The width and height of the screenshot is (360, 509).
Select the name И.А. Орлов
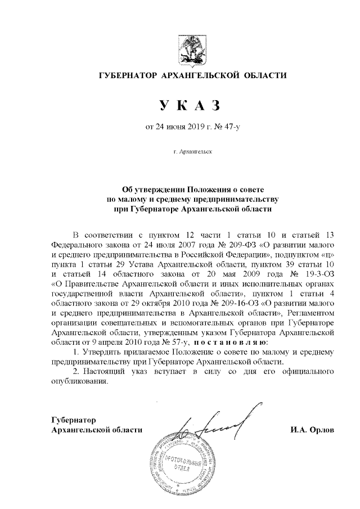312,430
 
